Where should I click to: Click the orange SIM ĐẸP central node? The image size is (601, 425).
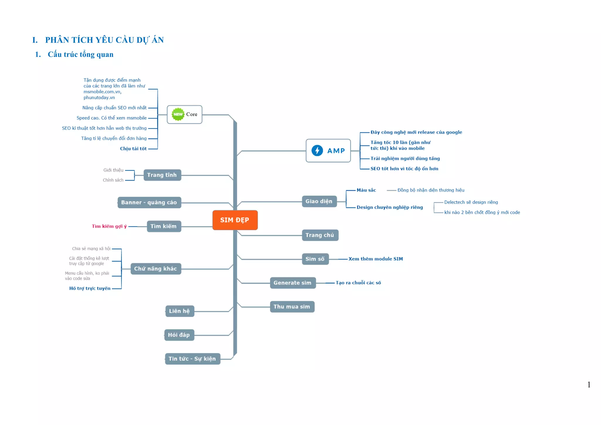(235, 220)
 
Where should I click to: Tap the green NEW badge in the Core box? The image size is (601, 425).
(178, 114)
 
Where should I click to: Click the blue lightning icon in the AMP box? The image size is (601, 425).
(317, 151)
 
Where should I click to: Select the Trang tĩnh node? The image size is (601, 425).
(162, 175)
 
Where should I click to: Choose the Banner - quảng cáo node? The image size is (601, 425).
(149, 203)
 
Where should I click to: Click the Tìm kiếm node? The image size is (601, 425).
(164, 226)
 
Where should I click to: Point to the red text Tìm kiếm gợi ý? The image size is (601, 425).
(109, 226)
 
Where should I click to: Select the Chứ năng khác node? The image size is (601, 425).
(156, 269)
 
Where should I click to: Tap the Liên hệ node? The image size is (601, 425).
(180, 311)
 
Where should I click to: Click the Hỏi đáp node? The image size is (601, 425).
(179, 335)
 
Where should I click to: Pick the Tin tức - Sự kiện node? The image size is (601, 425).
(192, 359)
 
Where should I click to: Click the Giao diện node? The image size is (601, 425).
(319, 201)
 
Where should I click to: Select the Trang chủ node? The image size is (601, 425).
(320, 235)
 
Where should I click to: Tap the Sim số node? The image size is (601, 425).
(315, 259)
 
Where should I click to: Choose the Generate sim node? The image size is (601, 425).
(293, 283)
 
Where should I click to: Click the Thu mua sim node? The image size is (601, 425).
(292, 307)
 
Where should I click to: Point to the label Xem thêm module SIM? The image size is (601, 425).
(376, 259)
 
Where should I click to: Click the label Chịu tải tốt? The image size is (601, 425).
(133, 149)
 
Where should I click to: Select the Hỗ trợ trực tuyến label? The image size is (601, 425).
(90, 288)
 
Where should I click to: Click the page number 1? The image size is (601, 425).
(589, 385)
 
